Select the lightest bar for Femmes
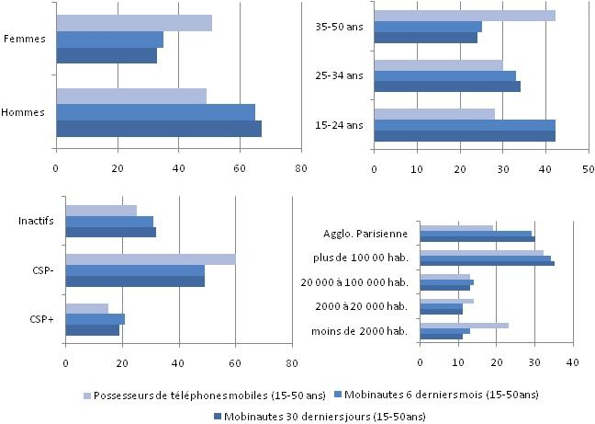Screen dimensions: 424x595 tap(133, 23)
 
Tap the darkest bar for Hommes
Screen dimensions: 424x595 tap(158, 129)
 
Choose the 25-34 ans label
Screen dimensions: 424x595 tap(340, 75)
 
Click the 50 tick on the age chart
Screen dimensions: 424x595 tap(588, 169)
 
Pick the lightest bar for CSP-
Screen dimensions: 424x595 tap(150, 259)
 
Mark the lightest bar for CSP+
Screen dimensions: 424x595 tap(86, 308)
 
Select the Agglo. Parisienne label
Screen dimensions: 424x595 tap(365, 233)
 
